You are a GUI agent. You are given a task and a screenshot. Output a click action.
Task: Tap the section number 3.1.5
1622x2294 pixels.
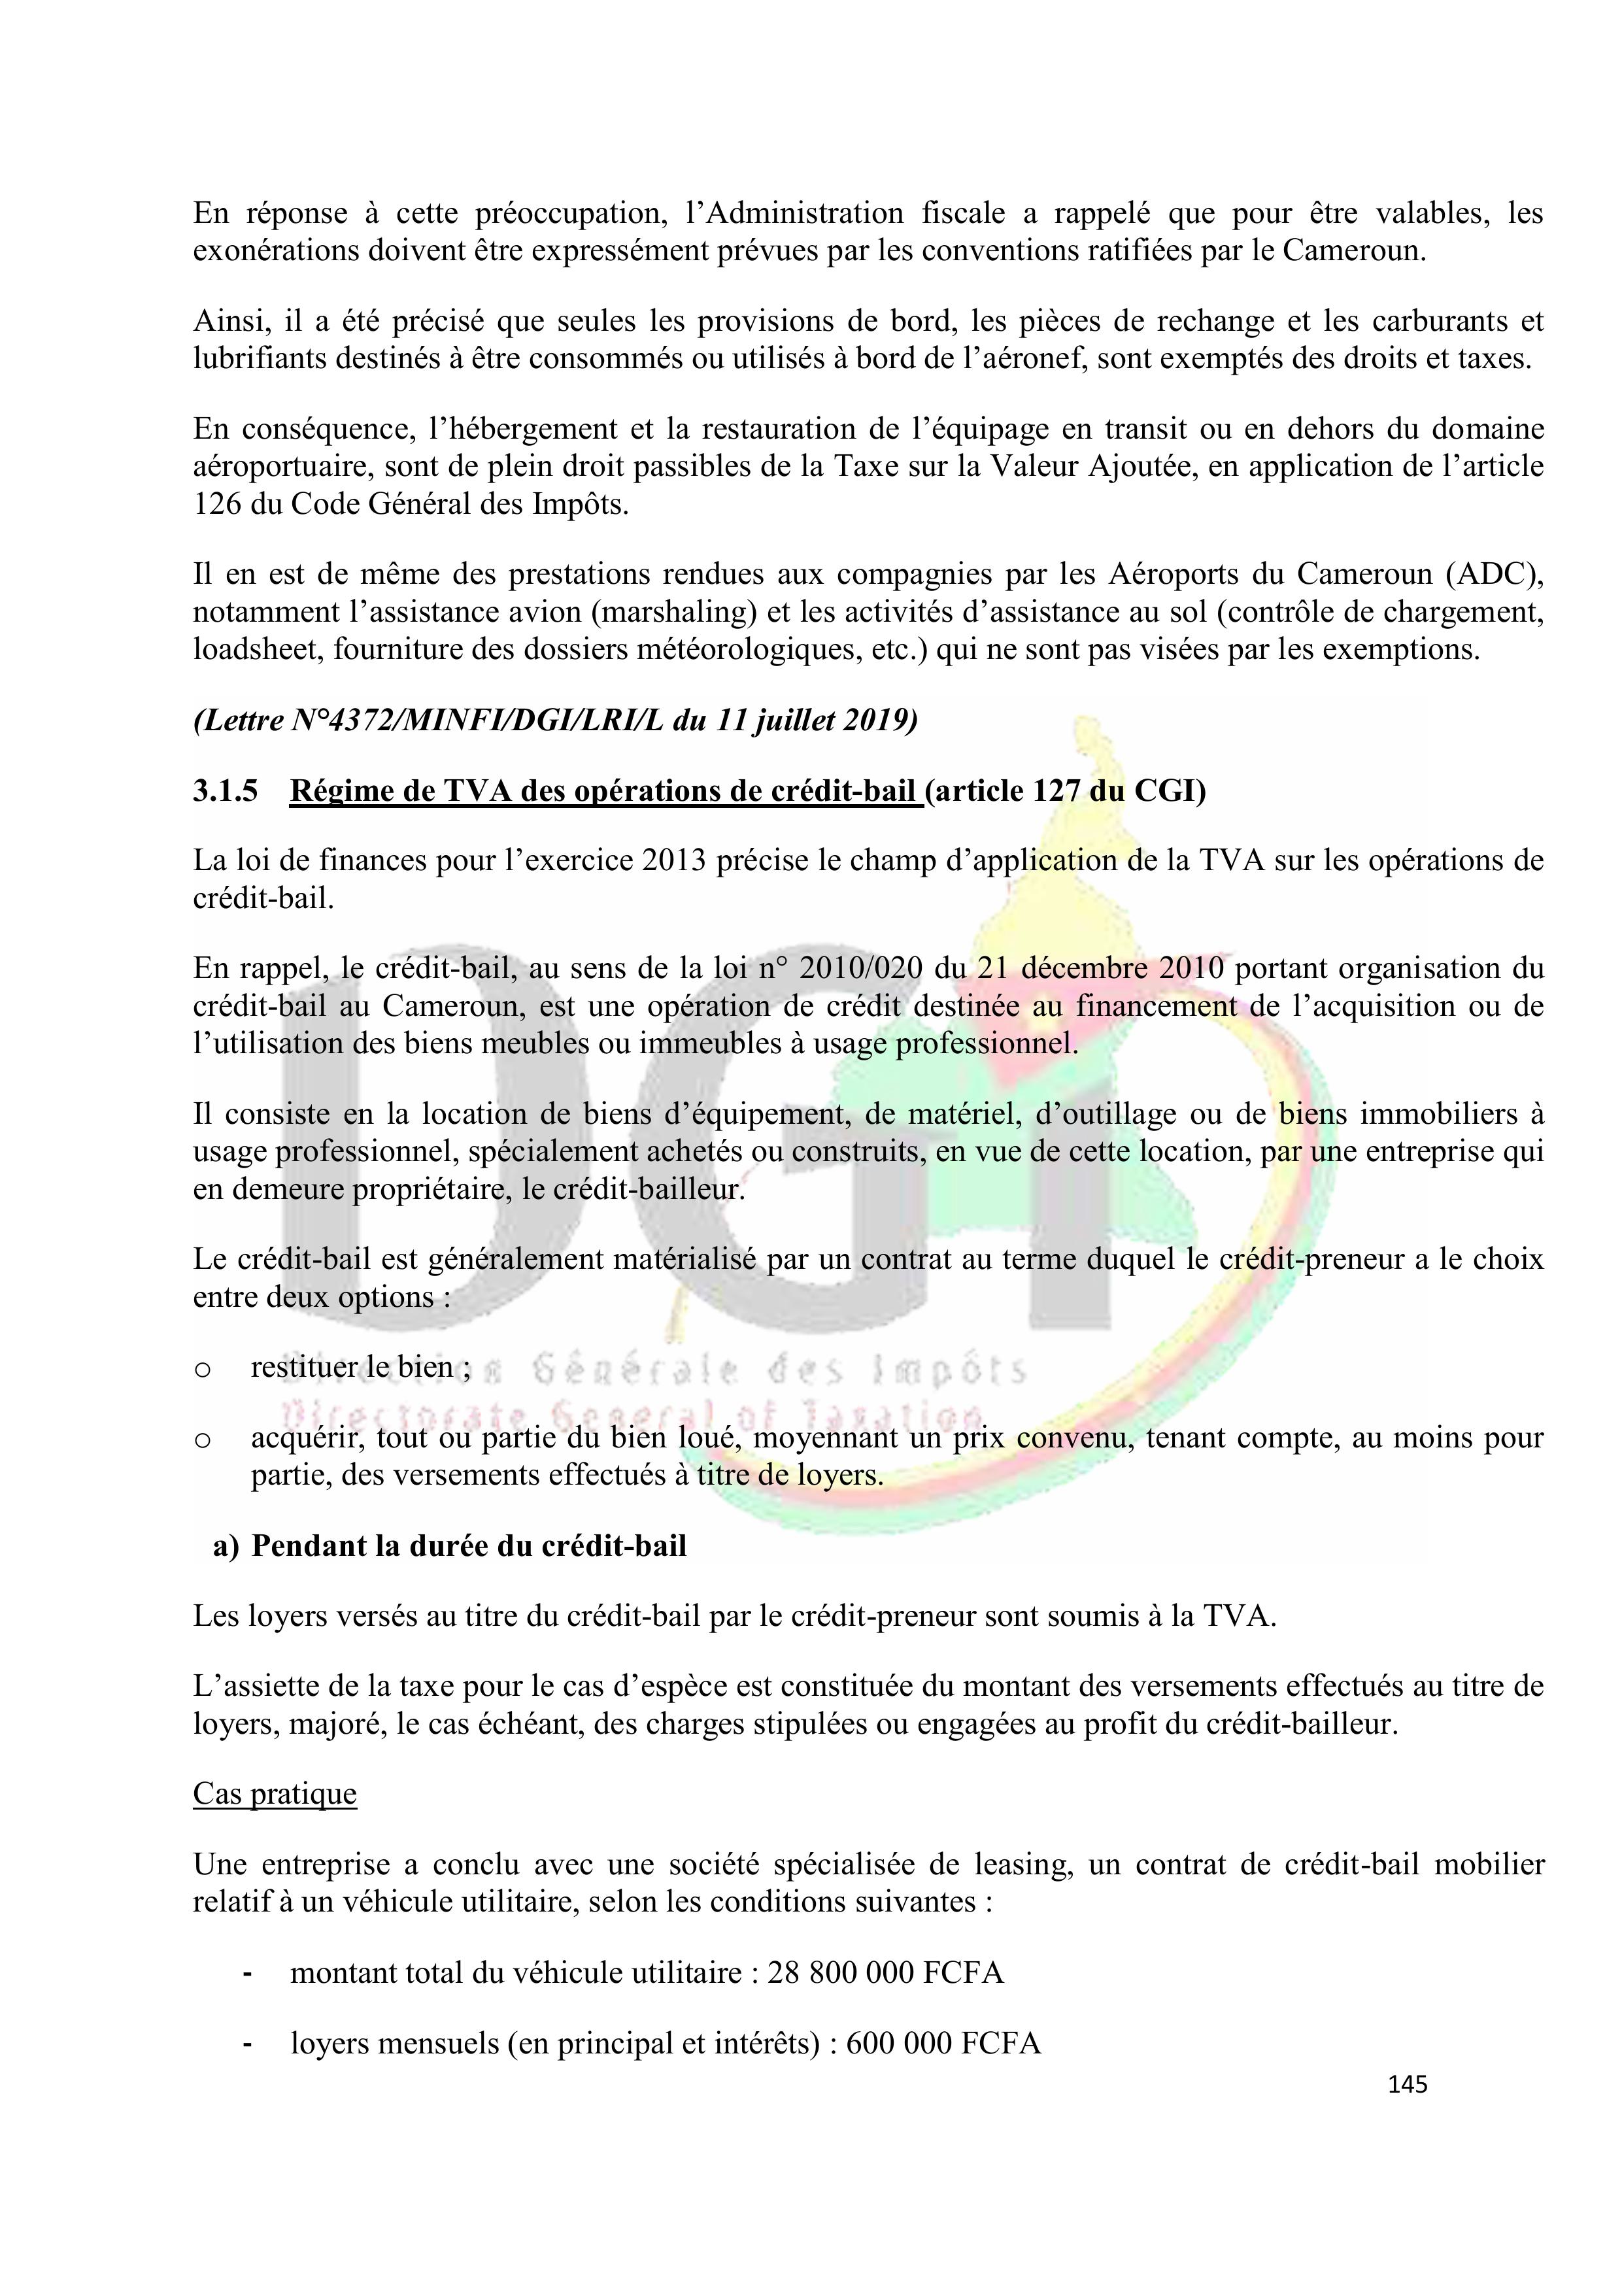coord(225,790)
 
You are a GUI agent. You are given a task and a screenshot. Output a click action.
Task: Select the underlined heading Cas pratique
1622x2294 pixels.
coord(275,1793)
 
